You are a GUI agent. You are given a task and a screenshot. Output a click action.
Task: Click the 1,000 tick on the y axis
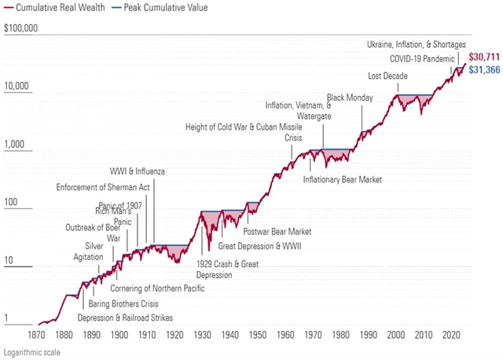[17, 145]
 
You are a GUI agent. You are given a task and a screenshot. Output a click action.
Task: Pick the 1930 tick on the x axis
[203, 333]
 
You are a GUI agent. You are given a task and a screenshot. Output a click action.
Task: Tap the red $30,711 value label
[483, 57]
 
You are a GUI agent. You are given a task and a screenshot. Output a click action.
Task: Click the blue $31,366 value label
[483, 70]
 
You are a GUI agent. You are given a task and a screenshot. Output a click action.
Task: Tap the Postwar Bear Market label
[277, 232]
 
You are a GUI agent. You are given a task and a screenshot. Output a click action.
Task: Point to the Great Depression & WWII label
[259, 246]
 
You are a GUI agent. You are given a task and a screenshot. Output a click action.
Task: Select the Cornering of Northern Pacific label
[163, 288]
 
